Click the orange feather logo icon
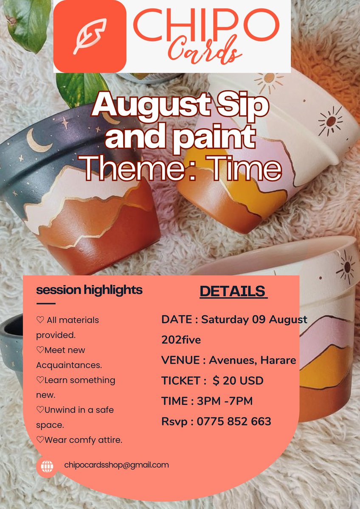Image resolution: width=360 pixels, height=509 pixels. point(90,36)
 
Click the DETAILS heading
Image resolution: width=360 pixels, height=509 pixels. point(233,291)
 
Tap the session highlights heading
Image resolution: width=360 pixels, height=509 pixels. point(89,290)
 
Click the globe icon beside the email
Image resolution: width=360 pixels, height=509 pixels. point(47,467)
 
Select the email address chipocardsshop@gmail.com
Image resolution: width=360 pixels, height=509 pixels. point(116,465)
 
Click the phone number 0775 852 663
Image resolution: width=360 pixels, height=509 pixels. point(233,422)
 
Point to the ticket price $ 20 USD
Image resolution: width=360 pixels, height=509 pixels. point(238,380)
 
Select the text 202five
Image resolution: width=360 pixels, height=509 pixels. point(181,340)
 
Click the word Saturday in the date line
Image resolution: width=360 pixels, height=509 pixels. point(225,319)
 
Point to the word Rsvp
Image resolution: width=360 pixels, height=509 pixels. point(175,422)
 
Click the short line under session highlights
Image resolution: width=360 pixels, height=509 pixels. point(46,304)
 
